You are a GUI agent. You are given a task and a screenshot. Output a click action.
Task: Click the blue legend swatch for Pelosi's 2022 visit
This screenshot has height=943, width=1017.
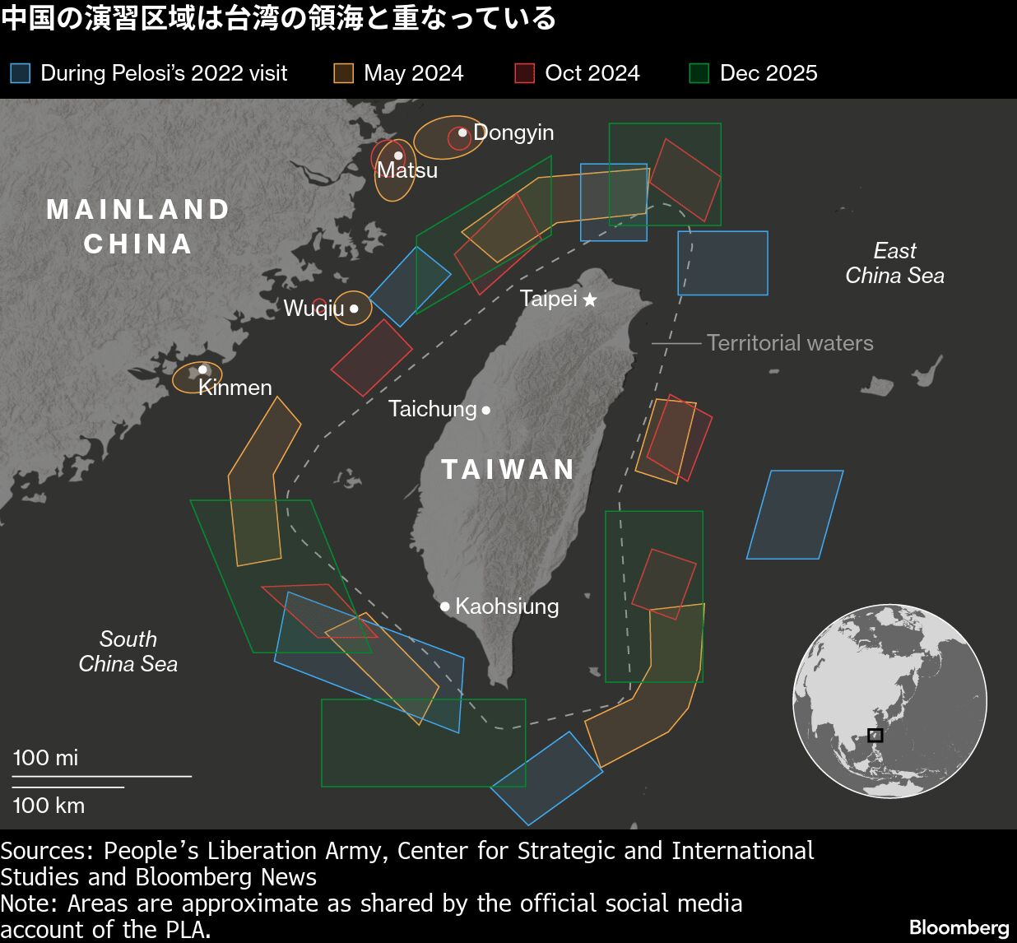(x=20, y=73)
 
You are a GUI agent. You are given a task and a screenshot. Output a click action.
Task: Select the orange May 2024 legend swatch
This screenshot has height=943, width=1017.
(x=343, y=73)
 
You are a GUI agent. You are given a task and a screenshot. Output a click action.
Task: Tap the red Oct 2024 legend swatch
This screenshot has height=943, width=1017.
(x=524, y=73)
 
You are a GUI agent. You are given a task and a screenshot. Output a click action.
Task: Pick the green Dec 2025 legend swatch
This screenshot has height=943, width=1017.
(x=699, y=73)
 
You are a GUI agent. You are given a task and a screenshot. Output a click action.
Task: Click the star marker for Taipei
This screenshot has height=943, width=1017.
(x=590, y=300)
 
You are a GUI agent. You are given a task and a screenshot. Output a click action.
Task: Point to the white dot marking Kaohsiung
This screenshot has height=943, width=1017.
(x=445, y=606)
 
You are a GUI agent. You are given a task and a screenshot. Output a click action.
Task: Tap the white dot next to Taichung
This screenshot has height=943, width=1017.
(x=486, y=409)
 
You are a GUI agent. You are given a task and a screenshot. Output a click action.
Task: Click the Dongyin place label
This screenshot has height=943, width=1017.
(x=513, y=132)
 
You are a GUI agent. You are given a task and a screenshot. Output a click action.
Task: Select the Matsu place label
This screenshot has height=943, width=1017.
(x=407, y=170)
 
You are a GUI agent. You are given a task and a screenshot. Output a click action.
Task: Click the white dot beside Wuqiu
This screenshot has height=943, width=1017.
(x=354, y=309)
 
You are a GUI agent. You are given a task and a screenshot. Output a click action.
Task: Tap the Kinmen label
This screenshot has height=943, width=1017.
(x=235, y=388)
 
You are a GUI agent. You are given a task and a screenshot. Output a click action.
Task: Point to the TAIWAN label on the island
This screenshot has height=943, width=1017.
(x=508, y=469)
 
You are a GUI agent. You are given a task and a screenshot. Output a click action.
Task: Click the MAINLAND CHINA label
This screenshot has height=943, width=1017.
(x=138, y=226)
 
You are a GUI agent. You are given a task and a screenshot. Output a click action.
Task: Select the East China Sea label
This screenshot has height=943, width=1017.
(x=894, y=263)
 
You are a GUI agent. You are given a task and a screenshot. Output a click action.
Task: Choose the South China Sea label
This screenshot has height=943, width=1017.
(x=128, y=651)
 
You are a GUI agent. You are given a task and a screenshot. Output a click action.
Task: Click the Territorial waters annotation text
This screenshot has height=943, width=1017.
(x=790, y=343)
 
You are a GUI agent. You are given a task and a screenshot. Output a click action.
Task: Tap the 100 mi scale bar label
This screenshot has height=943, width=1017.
(x=46, y=757)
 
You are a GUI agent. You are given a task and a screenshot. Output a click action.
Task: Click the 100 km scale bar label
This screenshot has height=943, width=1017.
(x=49, y=805)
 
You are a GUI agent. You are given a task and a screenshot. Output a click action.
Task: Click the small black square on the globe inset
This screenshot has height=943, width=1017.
(x=875, y=735)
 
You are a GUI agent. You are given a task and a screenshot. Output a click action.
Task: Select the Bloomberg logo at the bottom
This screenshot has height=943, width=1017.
(x=959, y=927)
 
